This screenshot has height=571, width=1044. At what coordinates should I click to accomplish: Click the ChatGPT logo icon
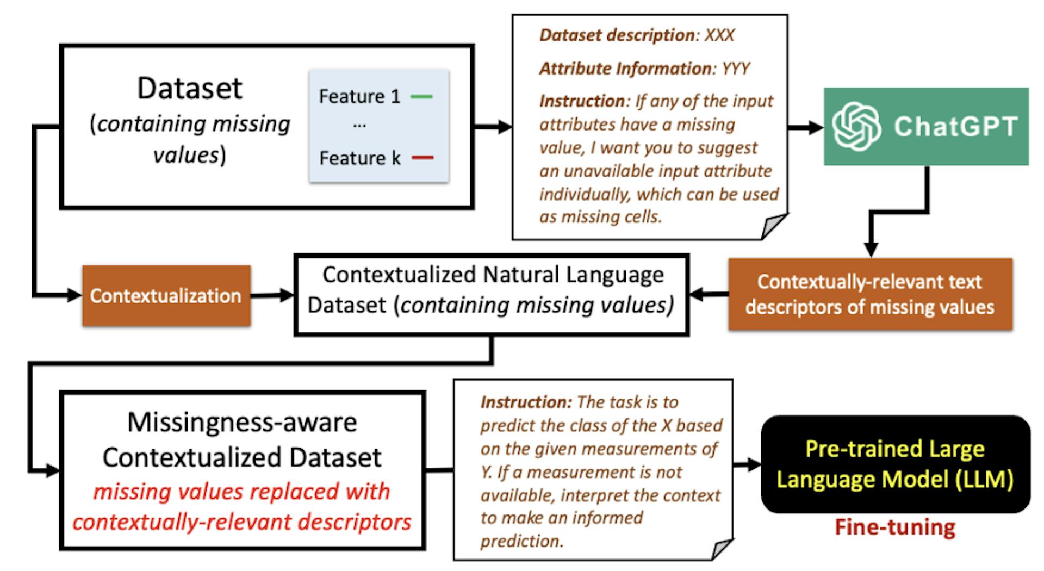pos(857,127)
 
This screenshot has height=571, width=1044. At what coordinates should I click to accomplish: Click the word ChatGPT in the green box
pos(955,127)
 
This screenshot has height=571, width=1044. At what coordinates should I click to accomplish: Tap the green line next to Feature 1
pos(421,97)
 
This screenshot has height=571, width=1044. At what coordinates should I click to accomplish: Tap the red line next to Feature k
pos(422,158)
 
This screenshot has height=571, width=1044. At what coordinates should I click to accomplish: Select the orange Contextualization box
pos(166,296)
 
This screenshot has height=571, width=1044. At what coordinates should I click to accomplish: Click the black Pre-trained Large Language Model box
pos(895,464)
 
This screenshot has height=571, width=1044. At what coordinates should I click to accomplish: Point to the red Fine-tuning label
pos(895,527)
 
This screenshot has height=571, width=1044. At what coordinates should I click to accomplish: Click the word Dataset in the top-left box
pos(189,88)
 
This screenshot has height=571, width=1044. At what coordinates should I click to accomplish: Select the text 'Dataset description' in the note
pos(617,35)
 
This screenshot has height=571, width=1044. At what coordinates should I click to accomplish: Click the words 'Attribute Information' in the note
pos(625,69)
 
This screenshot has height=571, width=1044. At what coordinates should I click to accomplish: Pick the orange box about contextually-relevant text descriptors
pos(870,294)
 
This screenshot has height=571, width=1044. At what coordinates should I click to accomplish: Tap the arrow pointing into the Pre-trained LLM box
pos(748,464)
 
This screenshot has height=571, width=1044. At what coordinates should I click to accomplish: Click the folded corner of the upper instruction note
pos(773,225)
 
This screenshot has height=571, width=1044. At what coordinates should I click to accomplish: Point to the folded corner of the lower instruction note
pos(721,548)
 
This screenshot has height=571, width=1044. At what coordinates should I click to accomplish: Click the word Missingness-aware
pos(242,423)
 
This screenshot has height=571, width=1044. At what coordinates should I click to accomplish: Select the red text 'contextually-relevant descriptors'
pos(242,522)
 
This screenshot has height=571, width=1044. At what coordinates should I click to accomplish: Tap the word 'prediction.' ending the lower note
pos(521,541)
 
